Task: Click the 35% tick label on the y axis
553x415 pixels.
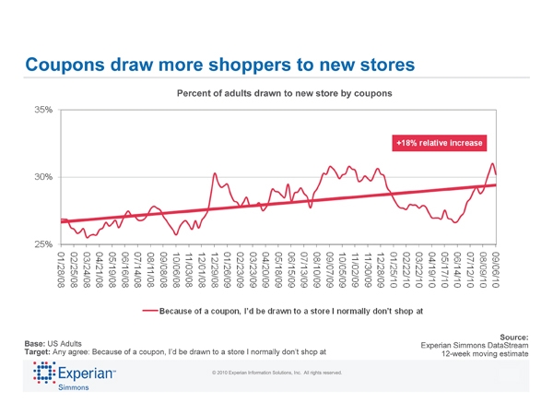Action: [43, 110]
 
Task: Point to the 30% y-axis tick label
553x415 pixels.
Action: [43, 177]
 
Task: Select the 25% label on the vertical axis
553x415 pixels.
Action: [43, 244]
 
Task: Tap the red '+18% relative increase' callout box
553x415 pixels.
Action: [439, 144]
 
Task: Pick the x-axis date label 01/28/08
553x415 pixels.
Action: [63, 267]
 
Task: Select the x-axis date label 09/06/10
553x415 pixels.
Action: [496, 267]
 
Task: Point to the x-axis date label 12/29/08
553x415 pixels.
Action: [215, 267]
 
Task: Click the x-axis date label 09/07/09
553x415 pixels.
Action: [329, 267]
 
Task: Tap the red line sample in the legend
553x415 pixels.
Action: [149, 310]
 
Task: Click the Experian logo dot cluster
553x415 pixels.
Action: [45, 373]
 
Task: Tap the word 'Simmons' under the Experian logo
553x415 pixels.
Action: [74, 391]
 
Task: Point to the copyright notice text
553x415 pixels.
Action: [276, 373]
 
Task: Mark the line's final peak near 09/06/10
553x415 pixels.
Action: [493, 163]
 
